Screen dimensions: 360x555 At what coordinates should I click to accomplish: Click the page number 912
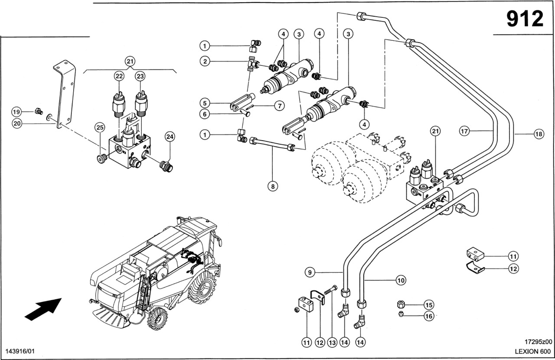525,19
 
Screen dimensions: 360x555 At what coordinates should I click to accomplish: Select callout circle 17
465,131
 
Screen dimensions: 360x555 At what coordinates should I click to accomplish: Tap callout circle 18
539,134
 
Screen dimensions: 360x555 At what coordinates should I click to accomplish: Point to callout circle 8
272,186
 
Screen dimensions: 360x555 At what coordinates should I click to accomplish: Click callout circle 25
100,127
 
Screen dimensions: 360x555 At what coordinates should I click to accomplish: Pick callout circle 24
170,137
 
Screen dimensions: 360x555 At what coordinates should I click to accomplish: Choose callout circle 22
119,76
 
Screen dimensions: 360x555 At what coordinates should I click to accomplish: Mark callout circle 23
140,76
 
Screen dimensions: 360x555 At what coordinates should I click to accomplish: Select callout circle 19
16,112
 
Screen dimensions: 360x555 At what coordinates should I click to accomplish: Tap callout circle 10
401,281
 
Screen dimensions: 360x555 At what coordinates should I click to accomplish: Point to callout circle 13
332,343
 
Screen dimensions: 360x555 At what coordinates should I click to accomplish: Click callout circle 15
429,304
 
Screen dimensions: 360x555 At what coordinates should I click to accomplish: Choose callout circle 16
429,316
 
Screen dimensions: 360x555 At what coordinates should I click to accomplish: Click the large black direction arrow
43,309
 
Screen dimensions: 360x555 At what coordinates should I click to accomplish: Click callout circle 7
278,105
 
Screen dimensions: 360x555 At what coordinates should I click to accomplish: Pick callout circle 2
205,61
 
